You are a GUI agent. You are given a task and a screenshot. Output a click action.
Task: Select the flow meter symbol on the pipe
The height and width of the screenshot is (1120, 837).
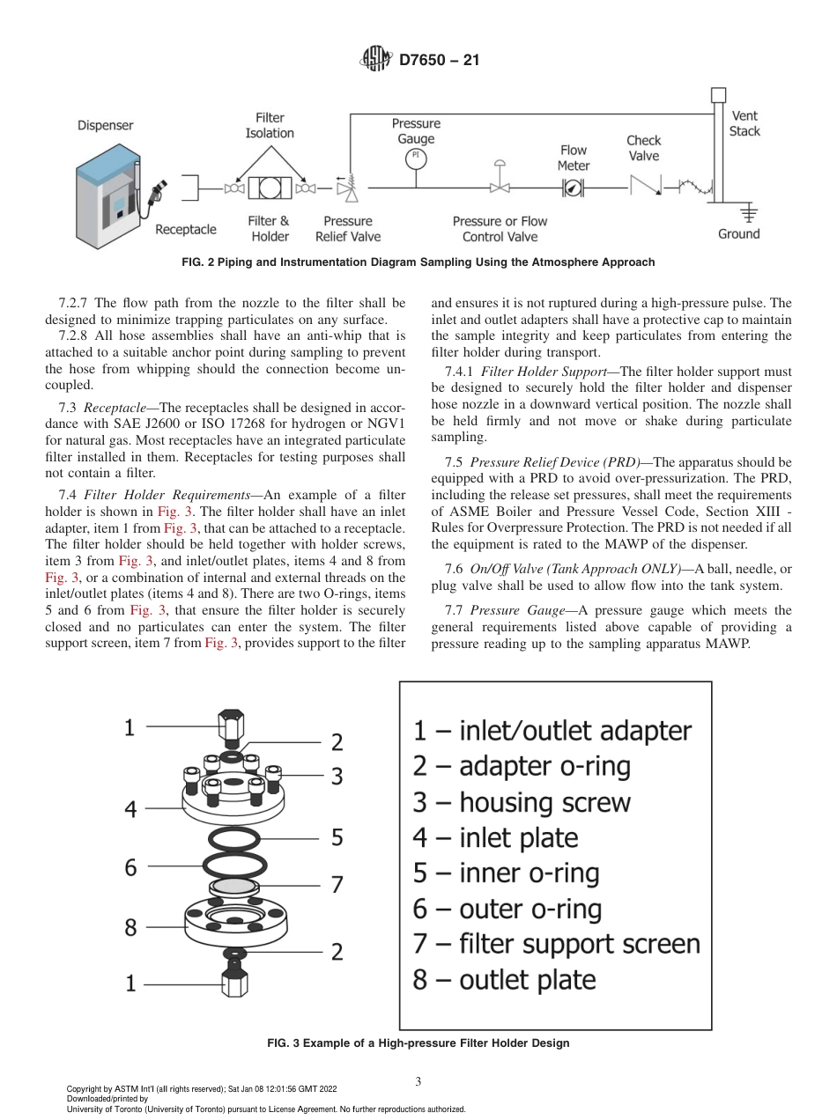point(573,187)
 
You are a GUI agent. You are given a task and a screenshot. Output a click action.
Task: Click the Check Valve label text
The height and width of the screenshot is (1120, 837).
point(643,148)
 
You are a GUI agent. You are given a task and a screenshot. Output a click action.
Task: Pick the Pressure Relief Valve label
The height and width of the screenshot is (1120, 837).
point(348,229)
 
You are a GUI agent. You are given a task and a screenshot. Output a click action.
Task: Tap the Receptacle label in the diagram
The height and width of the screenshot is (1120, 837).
point(185,230)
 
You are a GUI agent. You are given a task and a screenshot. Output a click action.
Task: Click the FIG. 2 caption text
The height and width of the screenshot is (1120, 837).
point(418,262)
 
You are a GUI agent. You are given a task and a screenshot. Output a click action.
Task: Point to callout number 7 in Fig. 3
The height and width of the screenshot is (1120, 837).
point(337,885)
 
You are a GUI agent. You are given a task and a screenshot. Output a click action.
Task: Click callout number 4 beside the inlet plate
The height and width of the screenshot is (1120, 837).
point(130,808)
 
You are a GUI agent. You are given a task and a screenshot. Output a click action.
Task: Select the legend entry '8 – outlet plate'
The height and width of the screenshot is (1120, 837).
point(504,980)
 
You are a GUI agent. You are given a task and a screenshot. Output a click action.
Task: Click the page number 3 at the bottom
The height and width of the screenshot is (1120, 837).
point(418,1081)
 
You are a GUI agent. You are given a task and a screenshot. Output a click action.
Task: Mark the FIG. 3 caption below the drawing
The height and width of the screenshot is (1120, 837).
point(418,1043)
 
